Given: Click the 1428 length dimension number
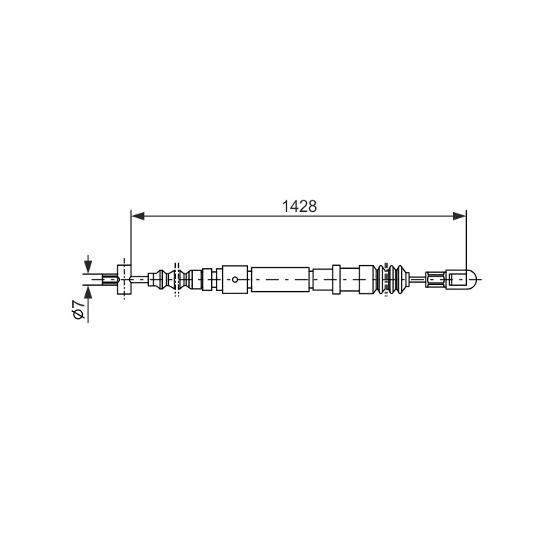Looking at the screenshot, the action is tap(299, 207).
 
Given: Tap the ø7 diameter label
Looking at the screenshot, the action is tap(78, 310).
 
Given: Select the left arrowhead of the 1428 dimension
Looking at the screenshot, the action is tap(137, 216).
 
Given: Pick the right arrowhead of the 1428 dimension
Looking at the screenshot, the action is tap(459, 216).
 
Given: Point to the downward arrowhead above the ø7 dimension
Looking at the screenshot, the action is tap(88, 267).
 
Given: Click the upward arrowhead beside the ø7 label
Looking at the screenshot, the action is tap(88, 292).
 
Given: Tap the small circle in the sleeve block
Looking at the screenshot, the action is tap(235, 280).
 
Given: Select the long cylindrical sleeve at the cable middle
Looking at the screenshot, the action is tap(280, 280).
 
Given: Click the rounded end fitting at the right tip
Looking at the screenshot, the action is tap(462, 280).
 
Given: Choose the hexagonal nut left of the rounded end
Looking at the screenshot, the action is tap(436, 280).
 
